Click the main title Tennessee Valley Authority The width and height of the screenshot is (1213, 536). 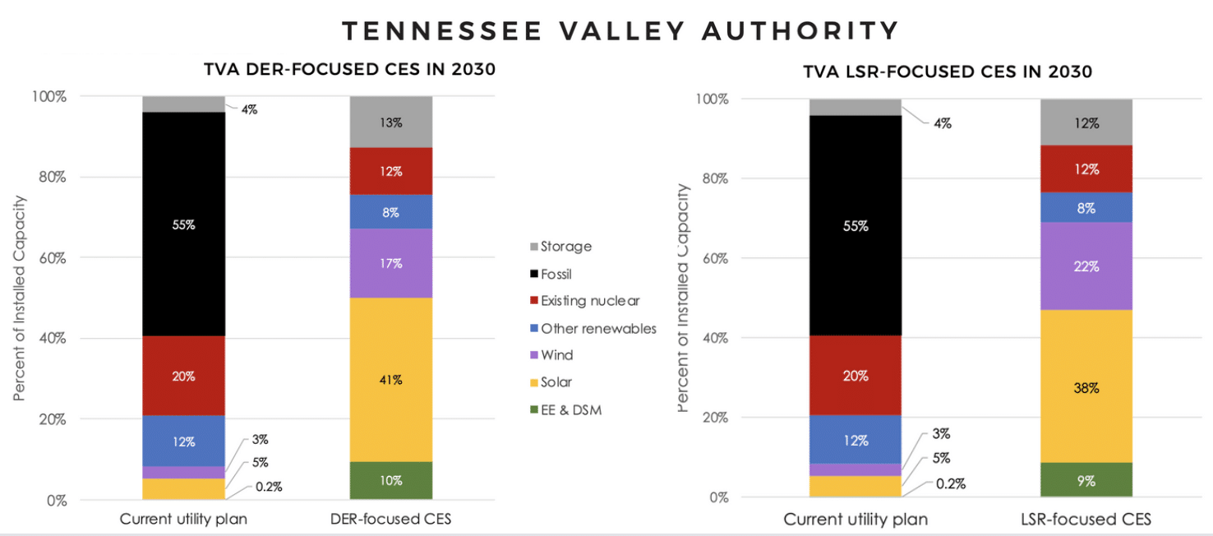click(620, 30)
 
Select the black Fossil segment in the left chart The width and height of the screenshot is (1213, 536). click(184, 224)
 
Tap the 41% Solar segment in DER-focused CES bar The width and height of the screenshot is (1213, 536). click(391, 380)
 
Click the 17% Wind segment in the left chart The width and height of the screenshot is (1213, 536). click(391, 263)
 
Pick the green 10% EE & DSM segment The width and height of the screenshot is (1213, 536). click(391, 480)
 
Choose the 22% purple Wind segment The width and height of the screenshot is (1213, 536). click(1086, 266)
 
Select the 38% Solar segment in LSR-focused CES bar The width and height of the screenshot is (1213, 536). click(1086, 388)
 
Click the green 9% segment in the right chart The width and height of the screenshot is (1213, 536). click(1086, 481)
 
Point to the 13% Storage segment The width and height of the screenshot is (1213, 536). click(391, 122)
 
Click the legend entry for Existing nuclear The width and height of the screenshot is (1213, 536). click(589, 301)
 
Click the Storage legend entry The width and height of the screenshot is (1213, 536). click(565, 246)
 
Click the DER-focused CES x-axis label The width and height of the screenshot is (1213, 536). click(391, 520)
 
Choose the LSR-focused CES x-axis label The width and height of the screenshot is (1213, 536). click(1086, 520)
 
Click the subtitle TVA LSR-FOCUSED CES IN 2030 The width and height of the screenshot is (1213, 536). click(947, 72)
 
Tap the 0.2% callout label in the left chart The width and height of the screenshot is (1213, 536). click(268, 486)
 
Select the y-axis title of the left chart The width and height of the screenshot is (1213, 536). click(19, 298)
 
